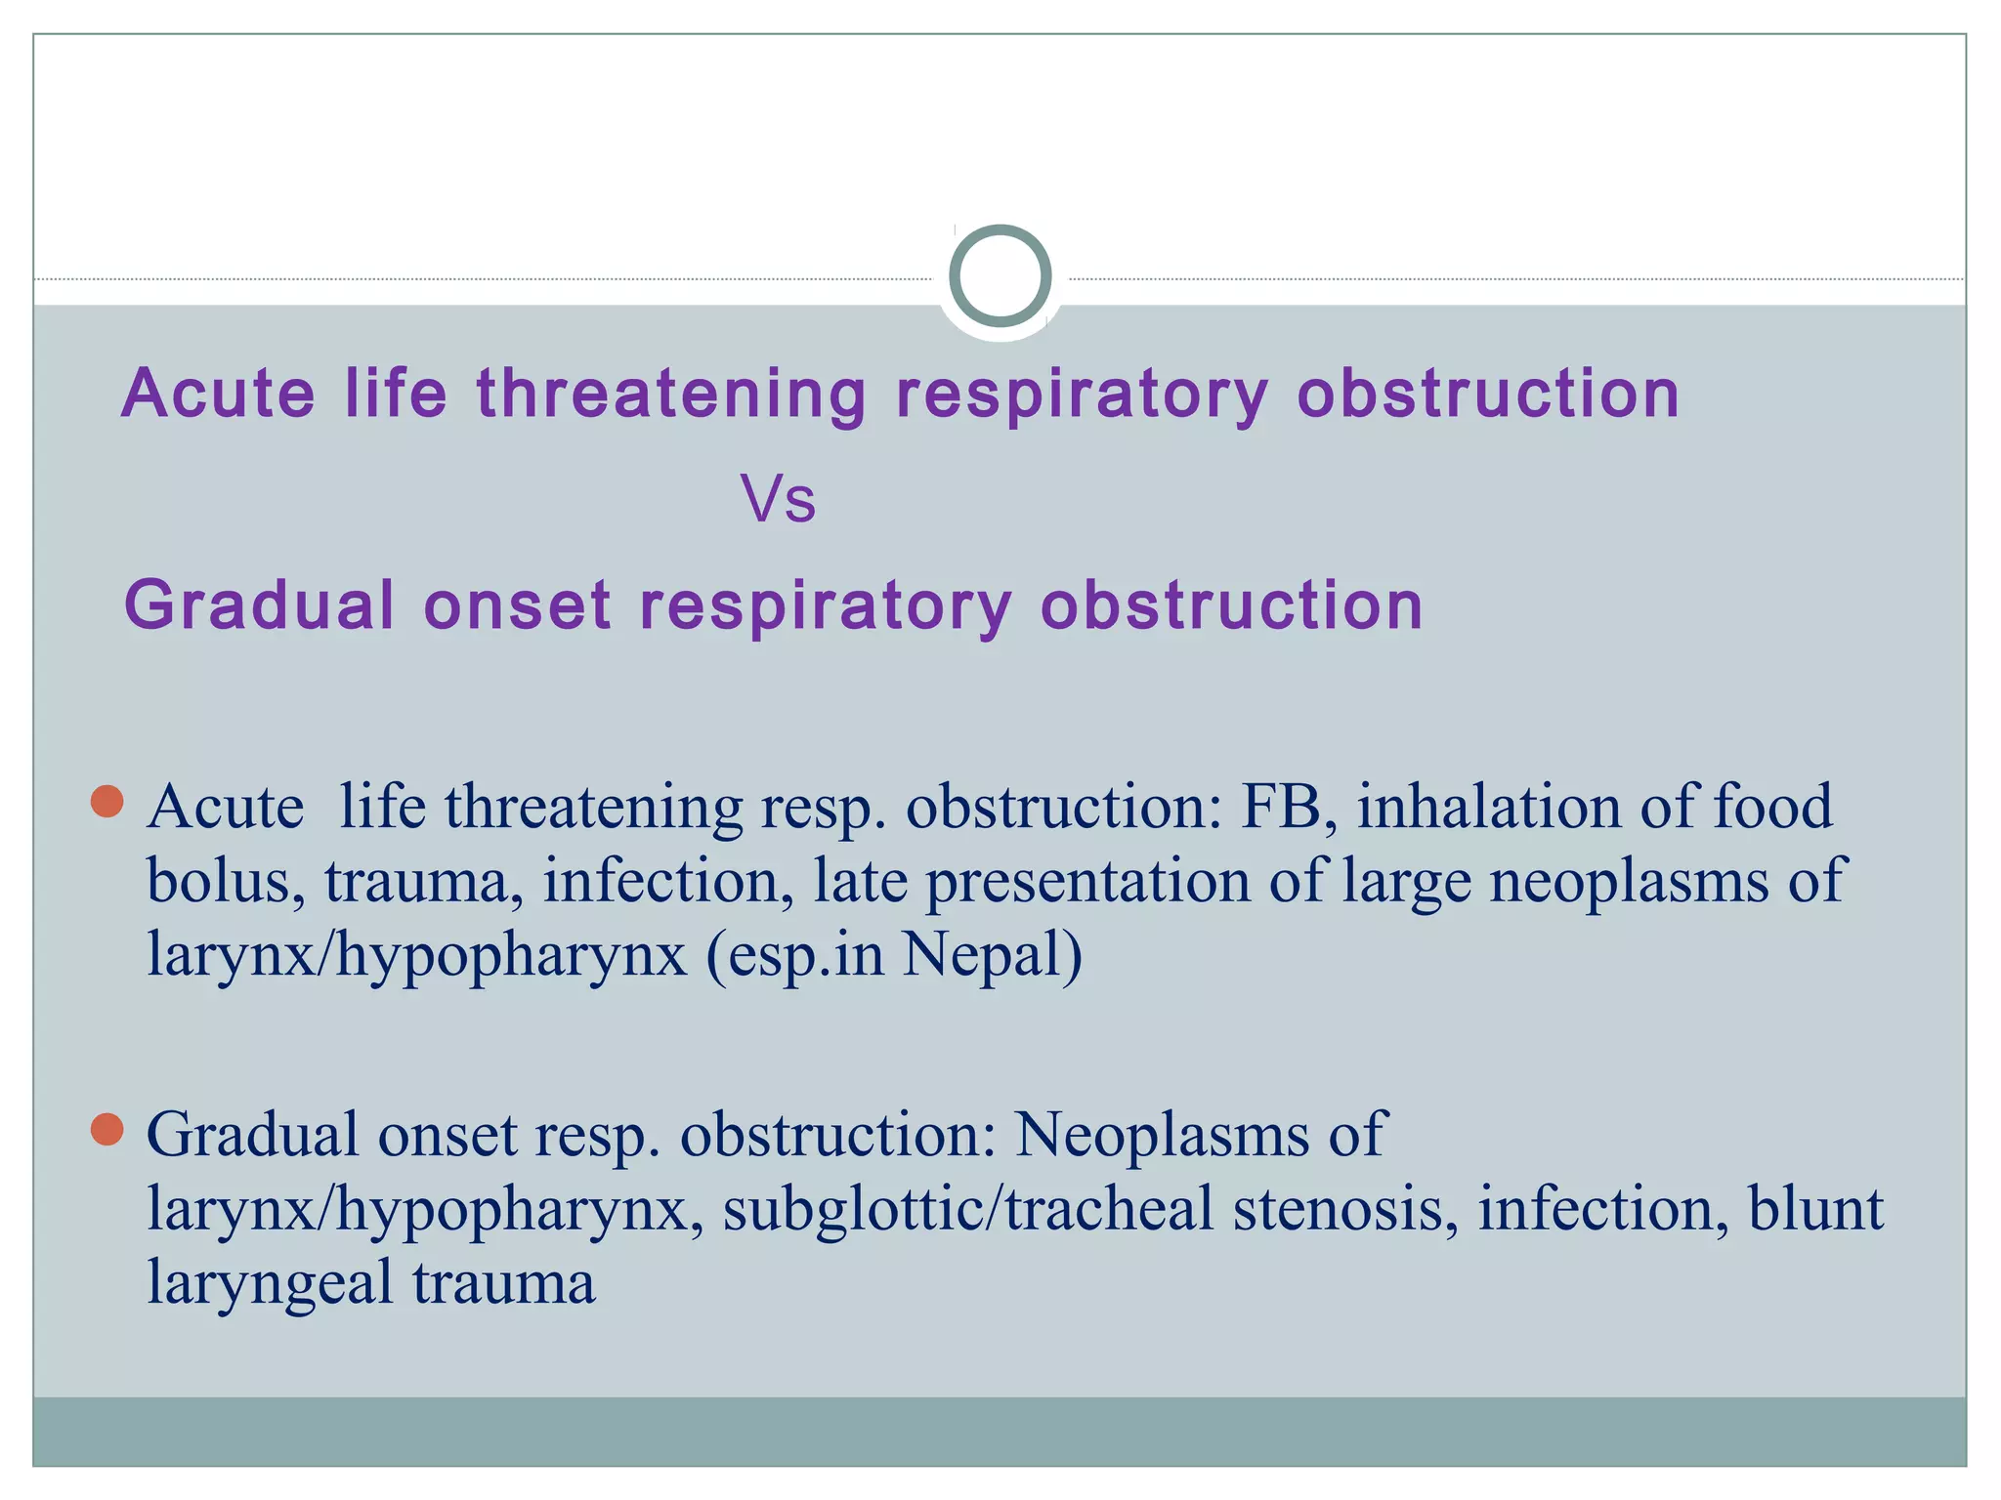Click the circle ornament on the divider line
tap(1000, 276)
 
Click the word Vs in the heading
tap(778, 499)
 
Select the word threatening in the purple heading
tap(671, 395)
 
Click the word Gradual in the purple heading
tap(260, 605)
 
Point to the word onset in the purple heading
tap(518, 605)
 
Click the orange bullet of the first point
tap(106, 801)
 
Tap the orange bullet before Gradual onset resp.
tap(106, 1130)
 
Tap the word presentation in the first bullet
tap(1087, 882)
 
